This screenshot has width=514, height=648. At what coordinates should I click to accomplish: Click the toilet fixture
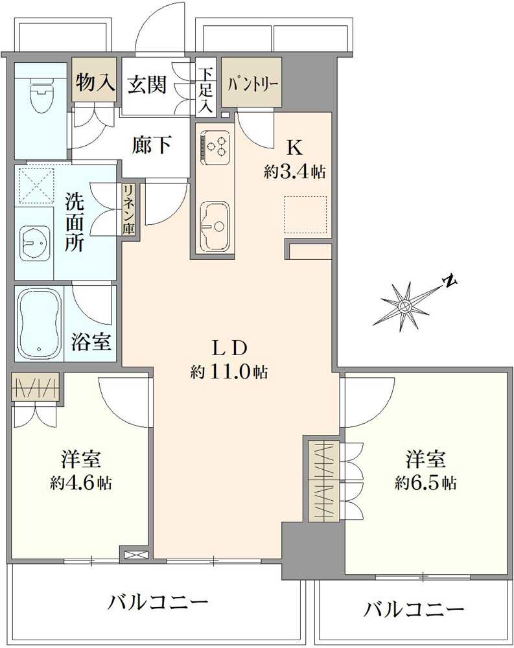(40, 97)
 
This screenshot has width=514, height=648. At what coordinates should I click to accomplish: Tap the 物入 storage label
(95, 82)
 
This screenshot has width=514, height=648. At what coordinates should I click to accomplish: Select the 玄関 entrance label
(147, 84)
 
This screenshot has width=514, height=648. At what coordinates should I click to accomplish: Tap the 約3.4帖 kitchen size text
(294, 172)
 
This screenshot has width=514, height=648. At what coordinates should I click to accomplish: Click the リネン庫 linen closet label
(129, 209)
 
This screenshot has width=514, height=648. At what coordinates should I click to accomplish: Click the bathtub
(40, 323)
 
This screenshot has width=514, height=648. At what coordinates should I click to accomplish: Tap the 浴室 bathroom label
(91, 342)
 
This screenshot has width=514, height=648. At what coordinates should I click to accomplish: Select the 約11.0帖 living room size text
(229, 372)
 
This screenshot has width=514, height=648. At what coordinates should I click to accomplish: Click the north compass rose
(405, 305)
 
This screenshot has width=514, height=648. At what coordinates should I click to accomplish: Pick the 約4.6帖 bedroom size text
(82, 483)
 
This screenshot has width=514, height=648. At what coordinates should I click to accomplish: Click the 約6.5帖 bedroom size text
(425, 483)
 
